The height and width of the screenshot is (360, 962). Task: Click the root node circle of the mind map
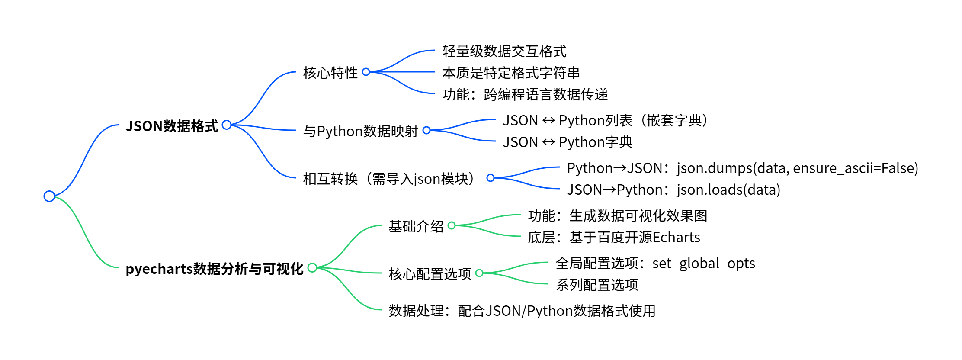pos(49,196)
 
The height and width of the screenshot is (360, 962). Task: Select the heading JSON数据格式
pos(172,126)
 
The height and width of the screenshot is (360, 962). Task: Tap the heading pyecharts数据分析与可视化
pos(214,269)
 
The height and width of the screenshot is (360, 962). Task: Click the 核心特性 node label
pos(330,73)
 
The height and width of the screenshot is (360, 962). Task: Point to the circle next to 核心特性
pos(366,72)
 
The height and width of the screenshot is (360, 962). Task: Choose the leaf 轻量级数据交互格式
pos(504,51)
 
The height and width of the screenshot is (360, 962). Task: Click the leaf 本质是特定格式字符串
pos(511,73)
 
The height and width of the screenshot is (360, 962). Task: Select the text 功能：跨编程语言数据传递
pos(525,94)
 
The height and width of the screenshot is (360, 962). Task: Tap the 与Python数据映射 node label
pos(360,131)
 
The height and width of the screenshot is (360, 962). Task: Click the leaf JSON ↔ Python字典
pos(568,142)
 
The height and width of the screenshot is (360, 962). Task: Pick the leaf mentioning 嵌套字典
pos(605,120)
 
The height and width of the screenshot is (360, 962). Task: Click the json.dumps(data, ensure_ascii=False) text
pos(797,168)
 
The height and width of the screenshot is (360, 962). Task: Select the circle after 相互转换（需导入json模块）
pos(491,178)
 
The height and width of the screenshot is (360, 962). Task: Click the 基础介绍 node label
pos(416,226)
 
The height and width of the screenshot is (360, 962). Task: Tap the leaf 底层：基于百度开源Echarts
pos(614,237)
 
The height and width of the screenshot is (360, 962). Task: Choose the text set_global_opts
pos(703,263)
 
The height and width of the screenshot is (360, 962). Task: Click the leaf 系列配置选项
pos(597,285)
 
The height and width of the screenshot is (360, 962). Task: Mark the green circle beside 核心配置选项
pos(479,273)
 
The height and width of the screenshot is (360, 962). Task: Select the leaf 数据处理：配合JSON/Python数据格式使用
pos(522,311)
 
